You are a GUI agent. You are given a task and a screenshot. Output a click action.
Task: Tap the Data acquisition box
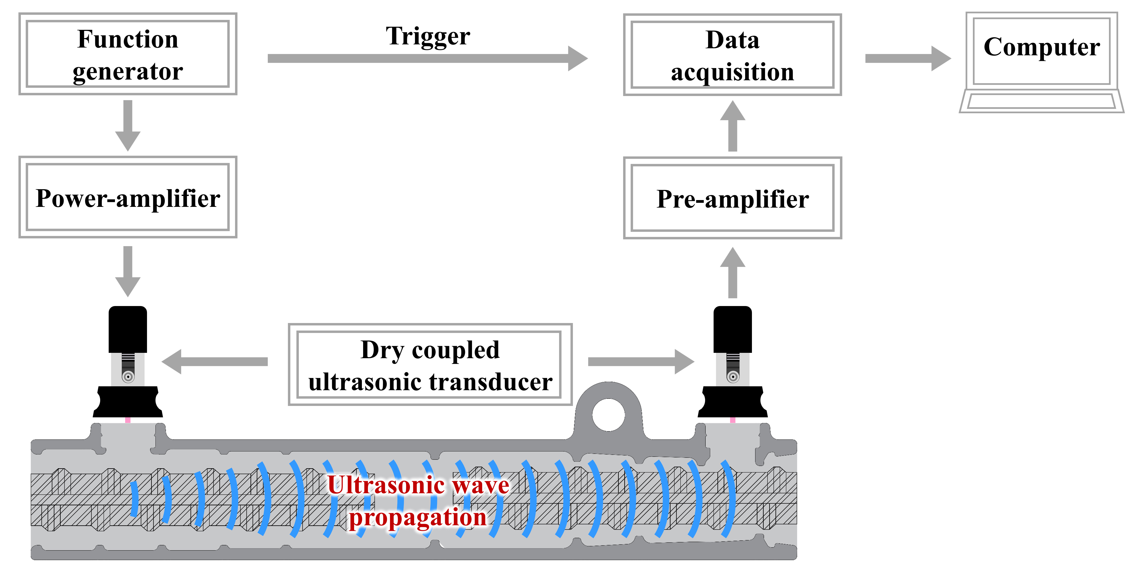click(x=733, y=55)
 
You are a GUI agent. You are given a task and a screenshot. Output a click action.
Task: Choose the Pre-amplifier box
click(x=733, y=198)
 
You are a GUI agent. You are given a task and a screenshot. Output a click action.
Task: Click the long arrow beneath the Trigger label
click(x=425, y=58)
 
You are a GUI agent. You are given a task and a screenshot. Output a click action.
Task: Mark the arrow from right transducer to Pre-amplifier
click(x=733, y=272)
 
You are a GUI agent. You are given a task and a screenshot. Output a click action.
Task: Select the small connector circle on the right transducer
click(x=733, y=377)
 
